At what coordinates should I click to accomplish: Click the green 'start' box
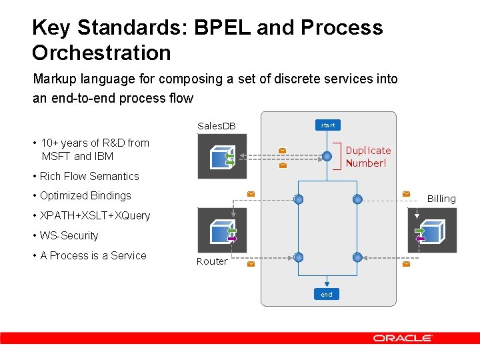click(x=327, y=125)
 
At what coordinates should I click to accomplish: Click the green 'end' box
click(x=326, y=294)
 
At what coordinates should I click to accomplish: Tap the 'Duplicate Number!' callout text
click(x=368, y=157)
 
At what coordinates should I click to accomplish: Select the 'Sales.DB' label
click(x=217, y=126)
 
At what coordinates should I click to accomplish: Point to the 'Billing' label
click(x=441, y=199)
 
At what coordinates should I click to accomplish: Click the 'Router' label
click(x=212, y=261)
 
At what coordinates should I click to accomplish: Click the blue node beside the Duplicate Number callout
click(x=327, y=157)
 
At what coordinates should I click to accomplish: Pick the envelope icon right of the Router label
click(x=251, y=264)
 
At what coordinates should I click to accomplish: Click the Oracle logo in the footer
click(x=403, y=338)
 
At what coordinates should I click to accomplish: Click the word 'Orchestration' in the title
click(x=101, y=53)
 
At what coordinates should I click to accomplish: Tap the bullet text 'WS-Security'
click(x=69, y=235)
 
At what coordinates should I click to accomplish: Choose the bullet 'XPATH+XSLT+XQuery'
click(x=95, y=215)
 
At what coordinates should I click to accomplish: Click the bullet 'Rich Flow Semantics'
click(x=89, y=176)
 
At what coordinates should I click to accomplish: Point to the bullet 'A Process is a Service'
click(x=93, y=255)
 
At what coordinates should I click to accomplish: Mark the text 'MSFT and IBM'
click(x=77, y=156)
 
